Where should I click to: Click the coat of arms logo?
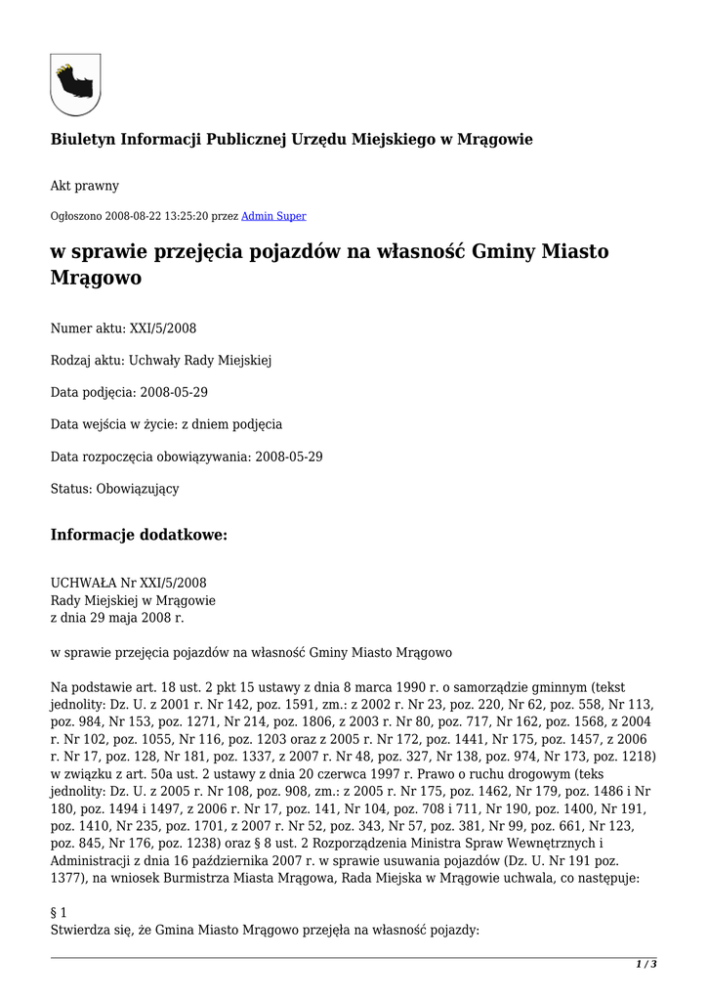75,84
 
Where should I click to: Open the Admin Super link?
273,216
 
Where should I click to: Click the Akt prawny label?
85,186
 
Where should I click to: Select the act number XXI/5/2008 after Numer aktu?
163,328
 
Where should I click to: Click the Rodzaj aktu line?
161,361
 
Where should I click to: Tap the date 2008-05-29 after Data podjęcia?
174,392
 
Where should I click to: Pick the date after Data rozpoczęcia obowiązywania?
289,457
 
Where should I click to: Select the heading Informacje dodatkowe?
139,535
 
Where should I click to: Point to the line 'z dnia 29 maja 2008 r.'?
117,618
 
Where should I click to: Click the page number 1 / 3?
646,965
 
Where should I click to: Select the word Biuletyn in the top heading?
82,140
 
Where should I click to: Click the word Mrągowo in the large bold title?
96,278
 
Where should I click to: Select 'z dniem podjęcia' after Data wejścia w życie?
234,424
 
